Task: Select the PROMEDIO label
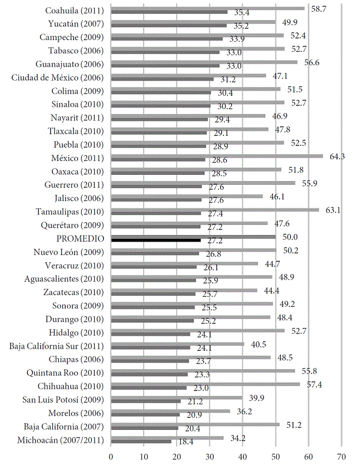point(83,238)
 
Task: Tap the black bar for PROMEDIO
point(156,241)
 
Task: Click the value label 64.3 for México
point(337,156)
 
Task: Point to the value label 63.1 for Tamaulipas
point(333,210)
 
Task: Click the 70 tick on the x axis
point(341,457)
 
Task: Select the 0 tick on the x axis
point(111,457)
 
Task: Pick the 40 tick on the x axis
point(243,457)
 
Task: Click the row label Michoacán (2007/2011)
point(65,440)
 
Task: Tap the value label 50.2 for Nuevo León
point(291,251)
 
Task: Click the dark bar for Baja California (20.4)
point(145,428)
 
